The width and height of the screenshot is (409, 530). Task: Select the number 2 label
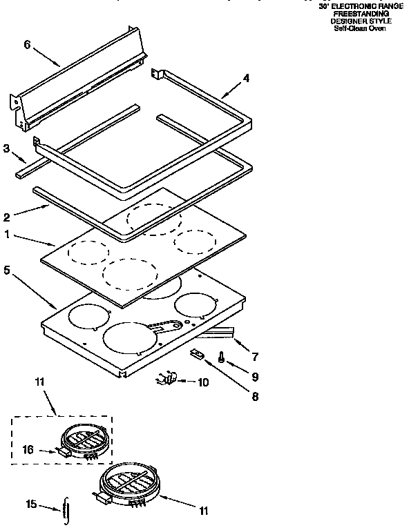tap(7, 215)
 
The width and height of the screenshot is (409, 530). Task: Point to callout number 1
tap(7, 234)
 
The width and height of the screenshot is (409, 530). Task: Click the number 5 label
tap(7, 271)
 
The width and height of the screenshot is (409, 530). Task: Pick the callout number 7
tap(255, 356)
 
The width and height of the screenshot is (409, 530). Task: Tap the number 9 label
tap(255, 377)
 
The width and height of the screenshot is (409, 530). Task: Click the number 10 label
tap(204, 381)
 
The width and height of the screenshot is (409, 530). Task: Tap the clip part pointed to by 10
tap(167, 378)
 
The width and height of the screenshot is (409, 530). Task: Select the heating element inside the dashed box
tap(82, 440)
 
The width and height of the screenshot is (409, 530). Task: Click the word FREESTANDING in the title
tap(360, 14)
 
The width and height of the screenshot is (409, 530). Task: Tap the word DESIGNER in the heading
tap(350, 21)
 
